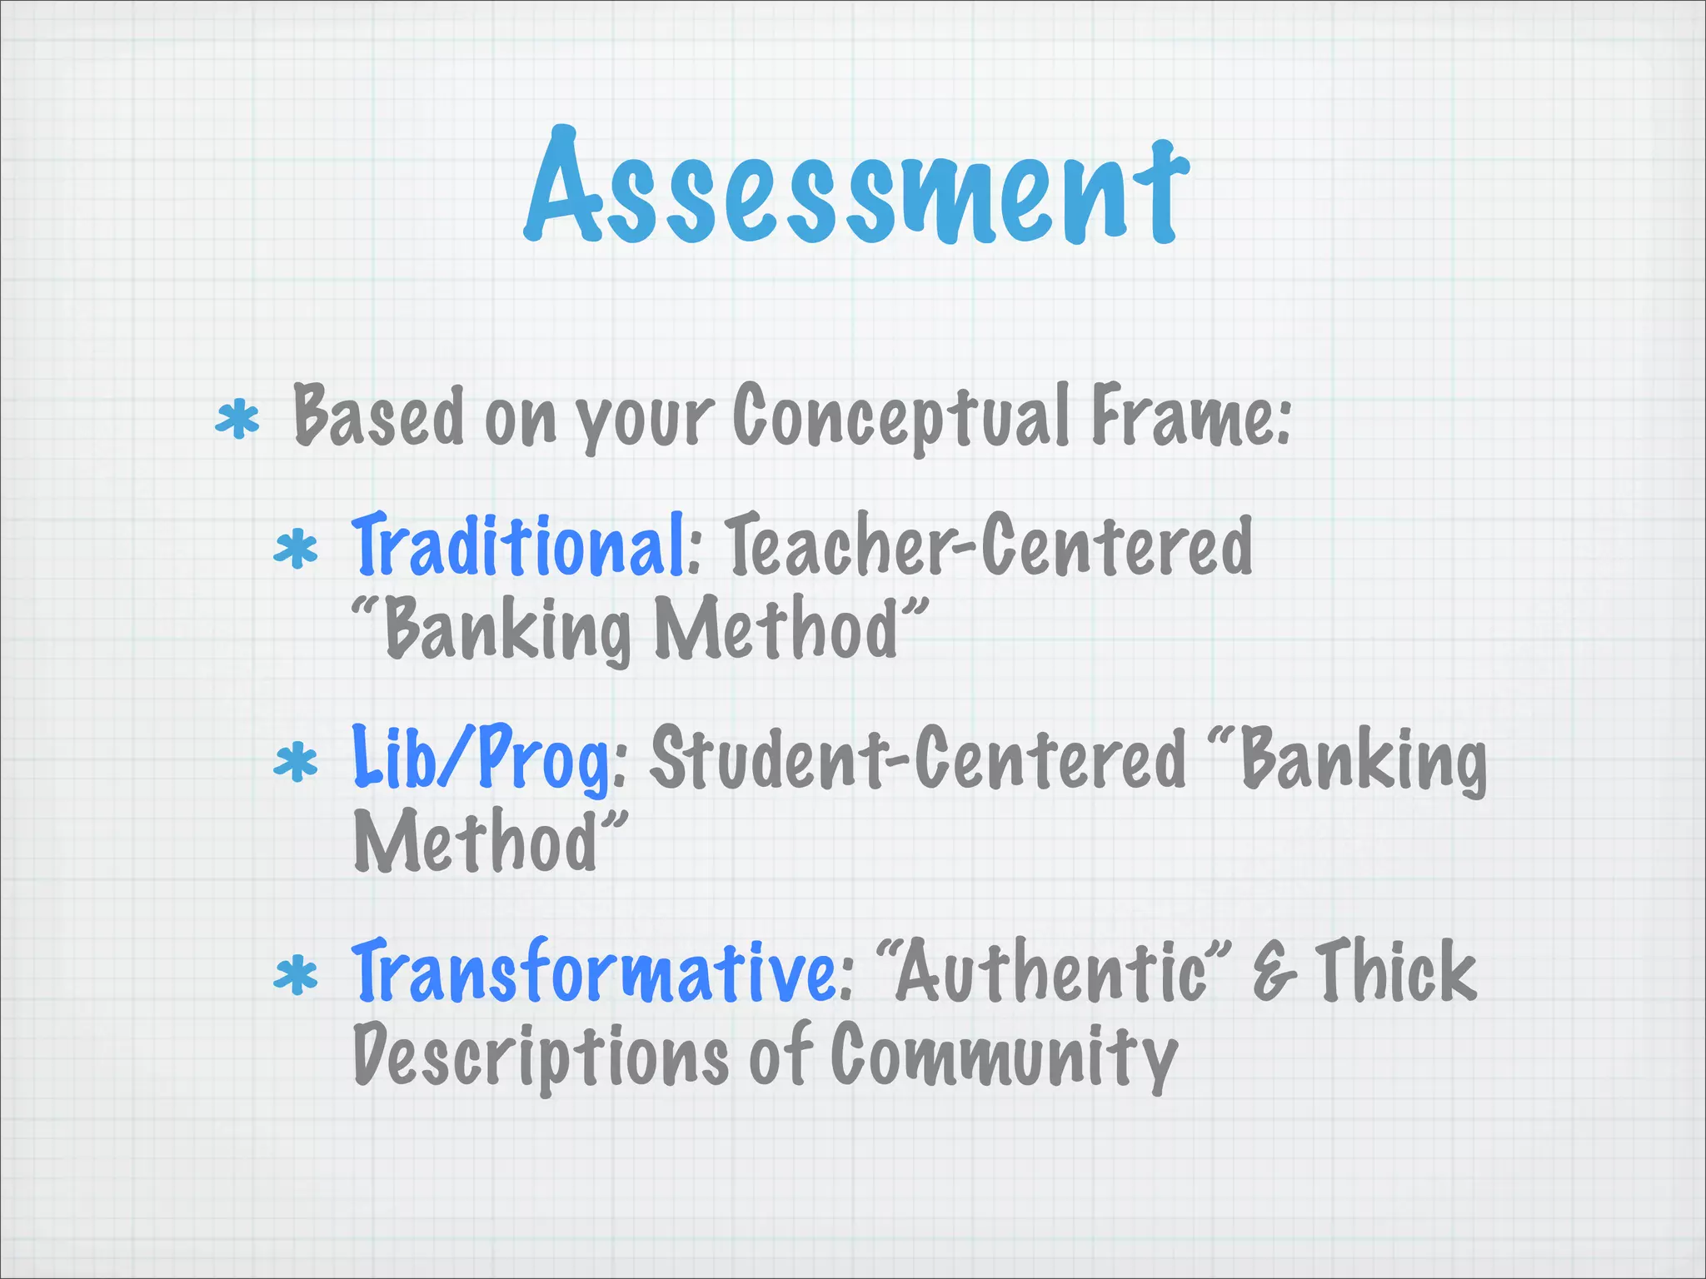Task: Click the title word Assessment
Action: [856, 188]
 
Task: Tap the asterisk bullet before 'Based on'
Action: [237, 420]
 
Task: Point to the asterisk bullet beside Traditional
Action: [296, 550]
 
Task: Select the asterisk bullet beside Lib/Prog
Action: [296, 763]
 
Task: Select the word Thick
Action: [1395, 971]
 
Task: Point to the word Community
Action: [1004, 1056]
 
